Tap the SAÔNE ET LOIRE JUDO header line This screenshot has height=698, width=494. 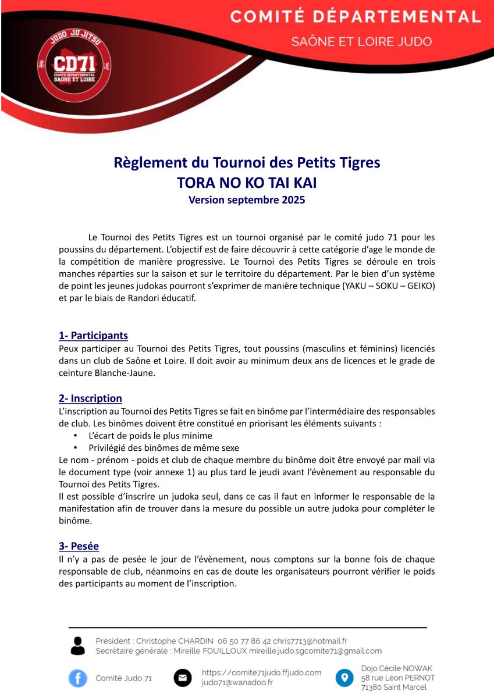(x=362, y=42)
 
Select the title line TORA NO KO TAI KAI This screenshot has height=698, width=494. (x=247, y=183)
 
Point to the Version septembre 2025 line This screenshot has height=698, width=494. (x=247, y=200)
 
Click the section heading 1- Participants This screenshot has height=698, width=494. (x=93, y=336)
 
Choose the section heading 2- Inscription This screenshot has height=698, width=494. (x=90, y=398)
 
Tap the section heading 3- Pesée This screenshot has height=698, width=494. (x=79, y=546)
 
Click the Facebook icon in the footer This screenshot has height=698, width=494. (x=77, y=678)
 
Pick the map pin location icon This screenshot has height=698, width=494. (x=344, y=678)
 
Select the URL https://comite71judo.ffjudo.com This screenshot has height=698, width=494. (x=261, y=672)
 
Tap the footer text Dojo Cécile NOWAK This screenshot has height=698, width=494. (x=397, y=668)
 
